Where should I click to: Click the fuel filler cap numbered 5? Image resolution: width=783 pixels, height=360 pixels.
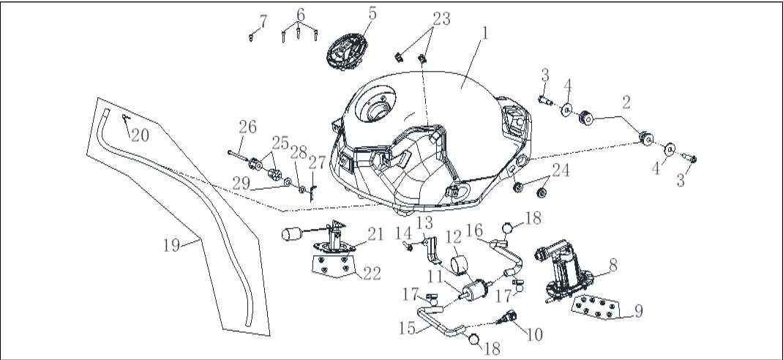click(347, 52)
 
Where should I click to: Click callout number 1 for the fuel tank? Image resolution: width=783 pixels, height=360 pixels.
click(484, 33)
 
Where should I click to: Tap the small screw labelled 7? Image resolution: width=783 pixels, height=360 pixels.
click(251, 37)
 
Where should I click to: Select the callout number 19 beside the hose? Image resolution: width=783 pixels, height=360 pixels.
click(171, 245)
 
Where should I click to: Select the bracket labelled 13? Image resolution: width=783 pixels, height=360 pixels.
click(432, 251)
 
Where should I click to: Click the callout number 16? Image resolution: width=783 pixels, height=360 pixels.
click(474, 230)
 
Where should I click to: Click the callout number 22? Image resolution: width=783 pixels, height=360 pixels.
click(372, 273)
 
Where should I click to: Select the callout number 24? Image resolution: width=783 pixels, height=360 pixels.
click(561, 170)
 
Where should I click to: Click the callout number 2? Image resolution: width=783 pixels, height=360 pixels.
click(626, 103)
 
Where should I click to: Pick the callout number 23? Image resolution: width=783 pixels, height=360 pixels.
click(441, 18)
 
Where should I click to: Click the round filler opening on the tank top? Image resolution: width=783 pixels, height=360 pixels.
click(380, 110)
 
